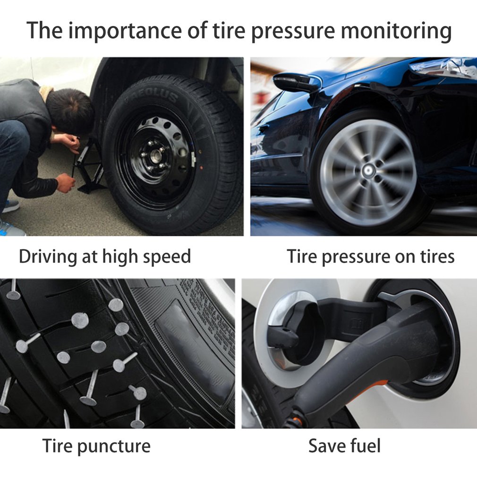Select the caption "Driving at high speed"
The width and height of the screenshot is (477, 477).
coord(105,257)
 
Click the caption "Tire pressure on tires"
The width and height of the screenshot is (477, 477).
coord(371,257)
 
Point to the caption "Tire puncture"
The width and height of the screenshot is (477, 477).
coord(96,445)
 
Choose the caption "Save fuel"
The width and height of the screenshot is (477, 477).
coord(344,445)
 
